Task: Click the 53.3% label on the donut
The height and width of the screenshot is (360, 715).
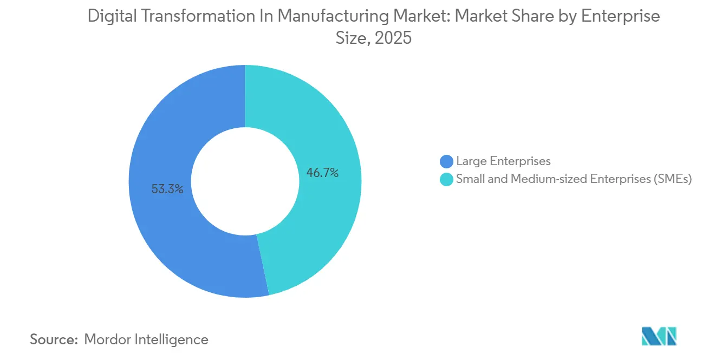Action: coord(167,189)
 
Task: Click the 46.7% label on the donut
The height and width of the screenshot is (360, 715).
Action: coord(322,173)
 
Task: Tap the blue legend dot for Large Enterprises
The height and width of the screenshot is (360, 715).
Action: coord(446,161)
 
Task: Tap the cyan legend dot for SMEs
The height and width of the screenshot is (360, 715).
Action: coord(446,180)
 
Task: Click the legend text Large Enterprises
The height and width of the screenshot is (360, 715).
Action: coord(503,161)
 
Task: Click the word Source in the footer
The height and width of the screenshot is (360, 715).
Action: coord(54,339)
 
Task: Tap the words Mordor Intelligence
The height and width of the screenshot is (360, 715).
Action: coord(146,339)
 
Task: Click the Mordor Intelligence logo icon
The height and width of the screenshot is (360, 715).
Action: coord(659,337)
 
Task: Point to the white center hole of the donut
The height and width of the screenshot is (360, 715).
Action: coord(245,181)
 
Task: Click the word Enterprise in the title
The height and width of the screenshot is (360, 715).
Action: coord(621,17)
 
